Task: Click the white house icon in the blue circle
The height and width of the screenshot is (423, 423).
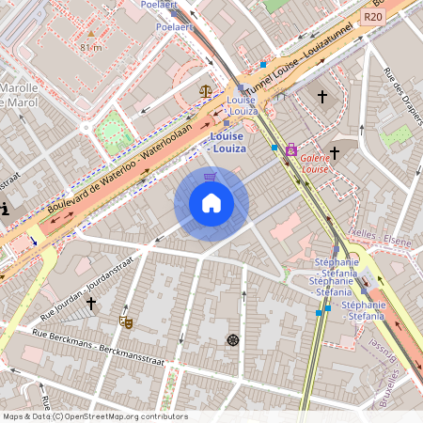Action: [211, 203]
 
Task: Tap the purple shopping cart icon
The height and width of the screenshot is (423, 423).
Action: [211, 176]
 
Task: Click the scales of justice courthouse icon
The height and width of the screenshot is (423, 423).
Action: [206, 91]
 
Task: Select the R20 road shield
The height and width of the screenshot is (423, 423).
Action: [373, 17]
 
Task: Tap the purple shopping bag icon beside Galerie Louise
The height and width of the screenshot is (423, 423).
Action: [291, 149]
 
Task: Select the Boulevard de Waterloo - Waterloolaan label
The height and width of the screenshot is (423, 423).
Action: [120, 168]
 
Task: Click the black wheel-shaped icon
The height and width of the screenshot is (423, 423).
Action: [233, 339]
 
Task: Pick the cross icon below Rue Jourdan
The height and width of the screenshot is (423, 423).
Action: [91, 303]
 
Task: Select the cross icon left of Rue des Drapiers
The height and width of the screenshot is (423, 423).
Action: [322, 96]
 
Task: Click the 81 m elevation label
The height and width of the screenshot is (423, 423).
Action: [91, 47]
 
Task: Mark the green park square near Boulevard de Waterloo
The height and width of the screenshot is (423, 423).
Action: [112, 130]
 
